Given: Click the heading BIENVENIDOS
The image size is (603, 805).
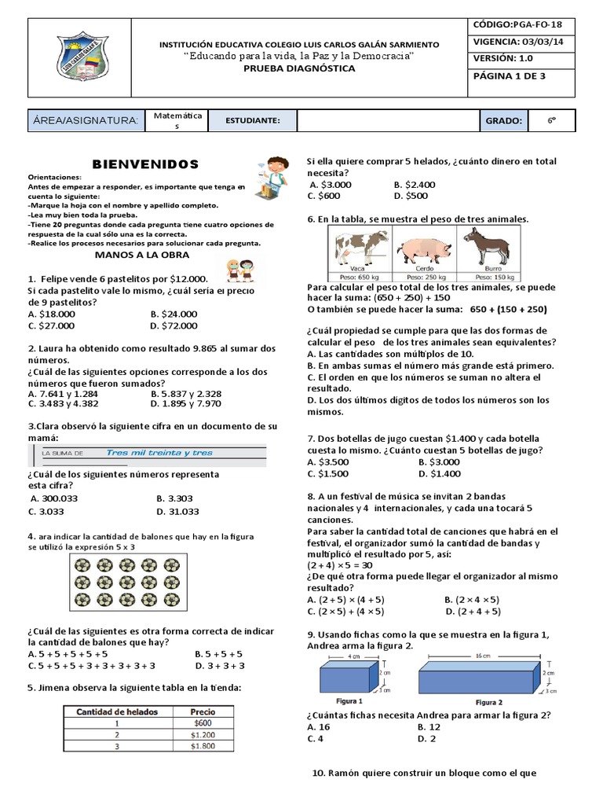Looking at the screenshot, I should point(146,164).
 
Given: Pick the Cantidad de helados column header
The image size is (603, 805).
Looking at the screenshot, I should point(117,711).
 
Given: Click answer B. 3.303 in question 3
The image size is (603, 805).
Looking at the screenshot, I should point(174,498).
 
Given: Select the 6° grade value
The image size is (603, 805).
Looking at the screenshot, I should point(552,121).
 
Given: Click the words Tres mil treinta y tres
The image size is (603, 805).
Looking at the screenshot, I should point(159,453).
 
